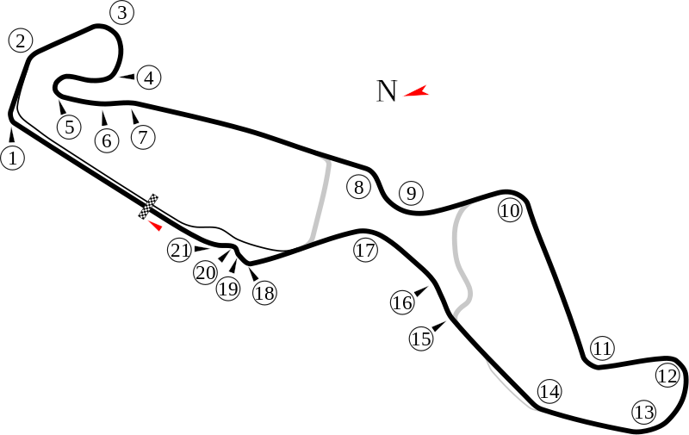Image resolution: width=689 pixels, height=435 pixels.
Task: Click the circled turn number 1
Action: click(x=12, y=158)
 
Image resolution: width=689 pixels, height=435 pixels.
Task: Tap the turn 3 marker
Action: click(x=123, y=12)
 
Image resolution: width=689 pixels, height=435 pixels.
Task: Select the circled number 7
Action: click(x=142, y=136)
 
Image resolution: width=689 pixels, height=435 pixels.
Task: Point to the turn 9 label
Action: click(x=412, y=193)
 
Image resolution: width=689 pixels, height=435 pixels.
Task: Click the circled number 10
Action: click(x=510, y=210)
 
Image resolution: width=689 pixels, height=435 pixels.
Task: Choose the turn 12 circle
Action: click(x=667, y=376)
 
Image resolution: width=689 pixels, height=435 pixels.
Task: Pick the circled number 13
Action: click(x=643, y=412)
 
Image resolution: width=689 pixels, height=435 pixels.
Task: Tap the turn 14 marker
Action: click(x=549, y=392)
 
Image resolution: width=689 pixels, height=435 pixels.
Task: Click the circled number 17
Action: click(x=365, y=251)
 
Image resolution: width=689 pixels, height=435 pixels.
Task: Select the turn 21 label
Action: click(x=179, y=251)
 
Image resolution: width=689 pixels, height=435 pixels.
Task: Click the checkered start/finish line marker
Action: click(x=151, y=205)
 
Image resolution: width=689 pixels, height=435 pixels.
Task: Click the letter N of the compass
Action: click(x=386, y=90)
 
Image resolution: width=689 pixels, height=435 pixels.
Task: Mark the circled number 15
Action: click(x=421, y=339)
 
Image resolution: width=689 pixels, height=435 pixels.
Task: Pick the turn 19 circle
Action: click(x=227, y=289)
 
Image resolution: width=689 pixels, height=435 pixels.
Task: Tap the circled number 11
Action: click(x=602, y=348)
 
